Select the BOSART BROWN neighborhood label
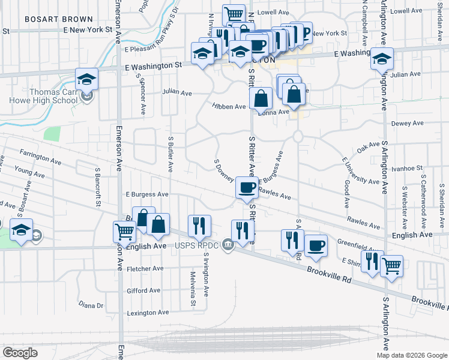click(x=59, y=19)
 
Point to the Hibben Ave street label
click(x=228, y=106)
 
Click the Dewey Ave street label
click(x=407, y=123)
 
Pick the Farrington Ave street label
click(x=40, y=157)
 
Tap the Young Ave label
click(x=29, y=173)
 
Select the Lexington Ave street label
click(x=148, y=313)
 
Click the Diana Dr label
click(x=91, y=305)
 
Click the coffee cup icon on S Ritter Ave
click(x=247, y=188)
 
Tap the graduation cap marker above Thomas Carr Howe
click(x=86, y=79)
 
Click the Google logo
click(x=20, y=353)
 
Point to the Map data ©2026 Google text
click(x=412, y=355)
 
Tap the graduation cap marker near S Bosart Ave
click(x=21, y=230)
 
